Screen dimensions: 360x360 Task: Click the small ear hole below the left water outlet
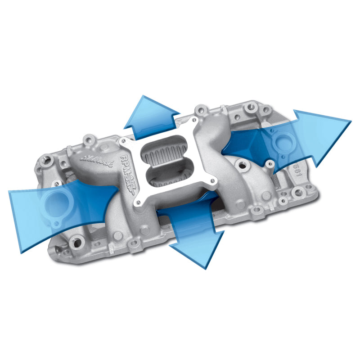(x=56, y=223)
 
